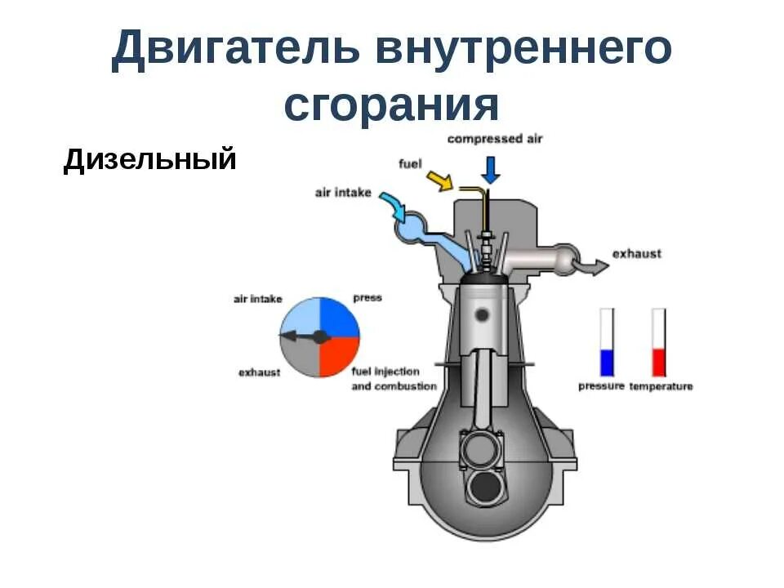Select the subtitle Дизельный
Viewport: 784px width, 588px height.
[x=149, y=159]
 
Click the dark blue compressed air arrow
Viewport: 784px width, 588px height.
[x=490, y=168]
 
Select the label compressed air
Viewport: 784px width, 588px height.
[x=494, y=140]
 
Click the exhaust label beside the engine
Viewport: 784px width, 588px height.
[x=637, y=254]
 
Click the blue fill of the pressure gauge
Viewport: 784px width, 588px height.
[x=607, y=362]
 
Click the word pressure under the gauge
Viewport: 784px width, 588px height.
[x=601, y=386]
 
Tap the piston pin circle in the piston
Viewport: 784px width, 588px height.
[x=483, y=314]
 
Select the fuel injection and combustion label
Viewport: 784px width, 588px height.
[x=393, y=379]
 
